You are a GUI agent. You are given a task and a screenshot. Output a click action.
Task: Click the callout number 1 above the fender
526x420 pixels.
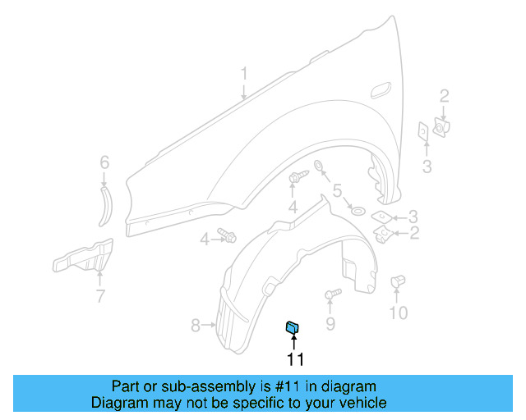(244, 75)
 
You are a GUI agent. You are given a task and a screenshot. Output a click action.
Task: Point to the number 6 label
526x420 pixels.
(104, 162)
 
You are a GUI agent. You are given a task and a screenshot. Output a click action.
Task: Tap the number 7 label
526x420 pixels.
(100, 296)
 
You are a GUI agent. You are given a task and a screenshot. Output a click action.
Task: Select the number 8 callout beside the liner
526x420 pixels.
(196, 326)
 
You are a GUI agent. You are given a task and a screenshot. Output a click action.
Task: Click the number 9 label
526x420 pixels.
(330, 324)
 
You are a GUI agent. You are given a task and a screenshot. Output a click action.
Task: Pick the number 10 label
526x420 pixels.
(398, 313)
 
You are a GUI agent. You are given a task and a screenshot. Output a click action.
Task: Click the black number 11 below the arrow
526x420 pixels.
(295, 359)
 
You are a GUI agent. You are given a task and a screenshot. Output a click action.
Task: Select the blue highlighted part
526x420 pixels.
(292, 328)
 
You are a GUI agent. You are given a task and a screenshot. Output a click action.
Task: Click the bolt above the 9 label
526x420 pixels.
(333, 294)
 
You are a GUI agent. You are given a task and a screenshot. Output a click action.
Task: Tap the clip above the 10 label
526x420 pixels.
(398, 281)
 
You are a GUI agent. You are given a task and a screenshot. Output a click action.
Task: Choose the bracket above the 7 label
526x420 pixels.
(83, 257)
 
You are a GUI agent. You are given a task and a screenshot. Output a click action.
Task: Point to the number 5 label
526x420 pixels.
(337, 194)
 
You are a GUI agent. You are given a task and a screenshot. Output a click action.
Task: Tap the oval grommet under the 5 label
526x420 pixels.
(358, 212)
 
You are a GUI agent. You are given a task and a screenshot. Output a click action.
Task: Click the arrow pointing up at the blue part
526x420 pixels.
(293, 343)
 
